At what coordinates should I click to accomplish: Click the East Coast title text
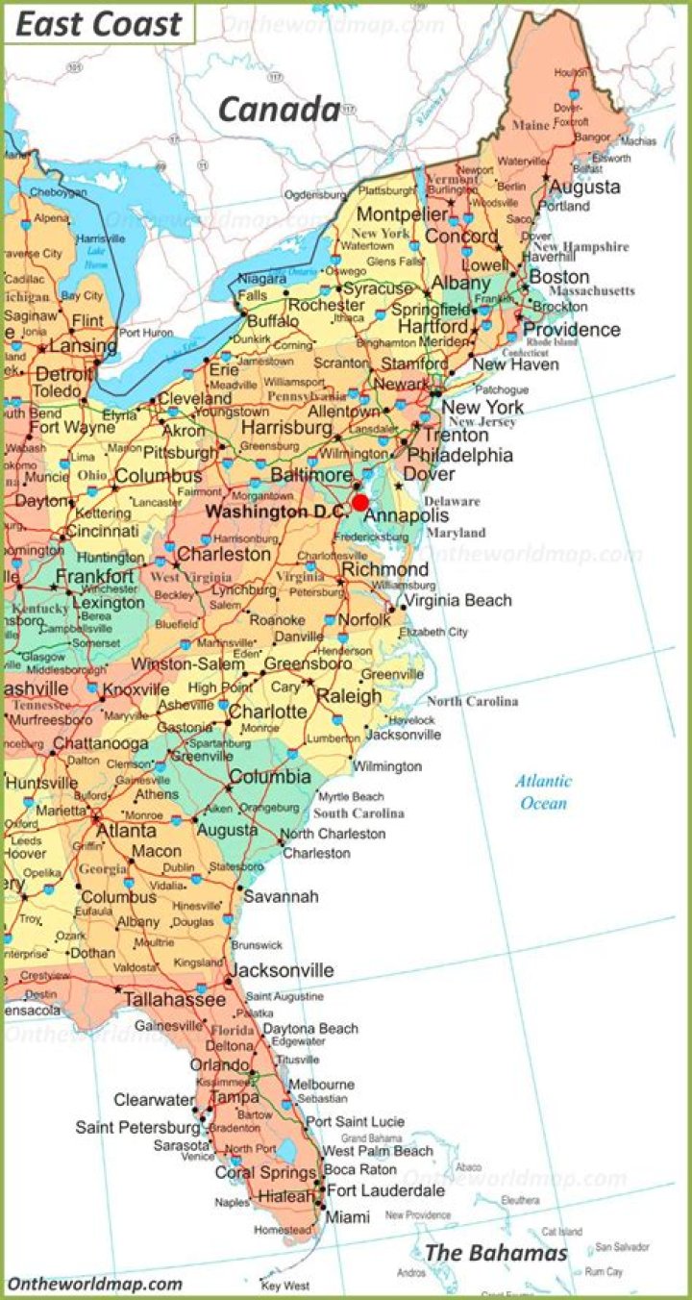click(x=99, y=24)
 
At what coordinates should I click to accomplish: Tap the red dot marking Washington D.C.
click(x=360, y=503)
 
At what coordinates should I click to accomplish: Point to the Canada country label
click(x=279, y=111)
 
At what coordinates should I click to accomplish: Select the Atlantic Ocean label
click(x=543, y=792)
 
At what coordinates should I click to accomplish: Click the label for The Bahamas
click(x=496, y=1253)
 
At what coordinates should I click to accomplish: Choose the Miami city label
click(x=347, y=1217)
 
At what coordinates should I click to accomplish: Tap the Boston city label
click(x=559, y=277)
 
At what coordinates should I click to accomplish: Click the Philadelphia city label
click(x=459, y=455)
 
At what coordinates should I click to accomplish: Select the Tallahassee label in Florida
click(x=174, y=1000)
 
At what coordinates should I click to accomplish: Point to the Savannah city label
click(x=281, y=896)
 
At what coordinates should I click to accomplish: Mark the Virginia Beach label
click(x=457, y=600)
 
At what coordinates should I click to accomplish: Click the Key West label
click(x=285, y=1286)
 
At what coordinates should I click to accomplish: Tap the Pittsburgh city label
click(x=179, y=452)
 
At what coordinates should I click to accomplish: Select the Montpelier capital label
click(x=403, y=214)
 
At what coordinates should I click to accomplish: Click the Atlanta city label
click(x=126, y=830)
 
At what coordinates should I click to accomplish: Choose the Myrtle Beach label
click(x=351, y=797)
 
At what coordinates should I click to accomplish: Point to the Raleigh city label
click(x=349, y=696)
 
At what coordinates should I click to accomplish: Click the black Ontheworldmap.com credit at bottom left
click(x=95, y=1284)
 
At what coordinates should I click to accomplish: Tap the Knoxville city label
click(x=136, y=690)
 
